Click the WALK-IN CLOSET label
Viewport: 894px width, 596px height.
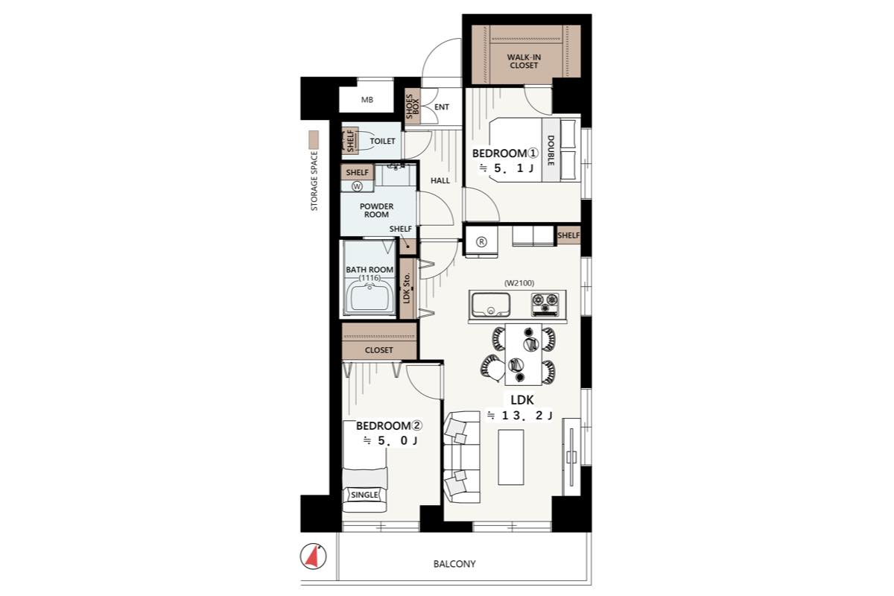click(524, 61)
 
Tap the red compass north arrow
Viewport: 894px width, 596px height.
click(314, 557)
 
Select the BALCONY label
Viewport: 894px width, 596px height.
click(454, 564)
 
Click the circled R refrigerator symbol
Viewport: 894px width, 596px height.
click(482, 242)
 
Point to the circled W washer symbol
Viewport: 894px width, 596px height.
click(357, 186)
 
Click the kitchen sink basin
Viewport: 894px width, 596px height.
click(490, 305)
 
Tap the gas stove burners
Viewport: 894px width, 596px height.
click(545, 304)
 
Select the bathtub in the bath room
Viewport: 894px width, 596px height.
click(370, 297)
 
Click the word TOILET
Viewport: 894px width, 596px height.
click(382, 141)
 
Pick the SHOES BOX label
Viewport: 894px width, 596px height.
click(412, 107)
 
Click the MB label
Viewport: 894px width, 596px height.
click(367, 100)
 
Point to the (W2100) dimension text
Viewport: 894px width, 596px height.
click(519, 283)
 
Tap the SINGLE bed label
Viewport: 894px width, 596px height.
click(364, 495)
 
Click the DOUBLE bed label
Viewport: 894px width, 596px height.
click(551, 150)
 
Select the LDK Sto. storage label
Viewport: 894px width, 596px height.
click(407, 288)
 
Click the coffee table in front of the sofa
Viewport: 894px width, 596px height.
click(511, 457)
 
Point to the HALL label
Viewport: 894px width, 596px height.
click(440, 181)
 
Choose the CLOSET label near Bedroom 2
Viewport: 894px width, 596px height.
click(378, 350)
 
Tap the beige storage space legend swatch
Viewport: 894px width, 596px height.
click(314, 140)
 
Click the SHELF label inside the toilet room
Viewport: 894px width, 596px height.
click(350, 142)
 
